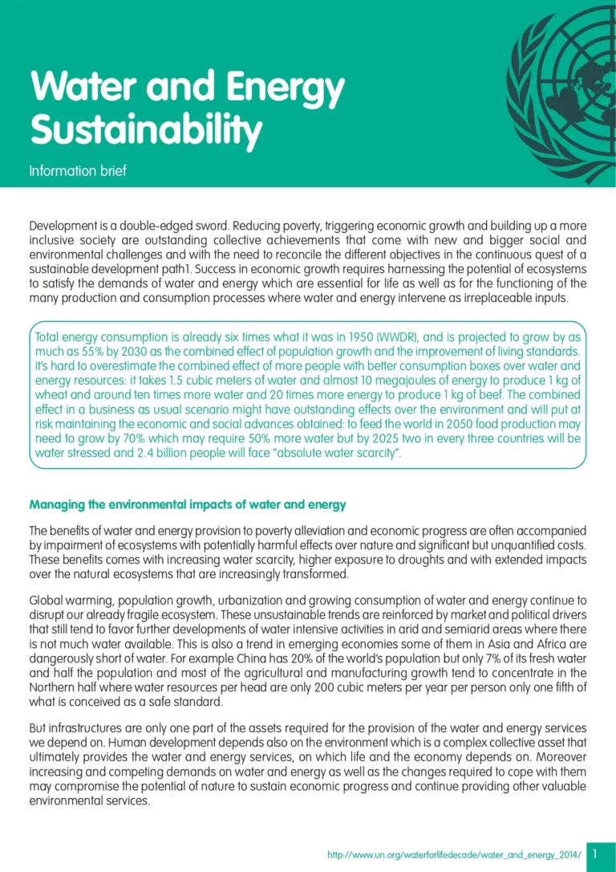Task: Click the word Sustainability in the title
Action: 146,129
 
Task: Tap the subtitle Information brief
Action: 78,171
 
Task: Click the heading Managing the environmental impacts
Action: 188,505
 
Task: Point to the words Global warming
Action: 67,601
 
